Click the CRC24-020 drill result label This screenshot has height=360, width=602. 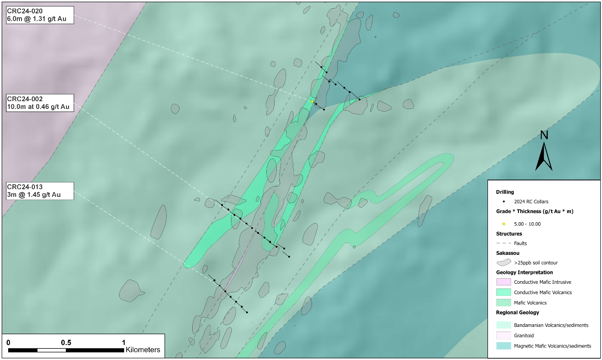[x=40, y=15]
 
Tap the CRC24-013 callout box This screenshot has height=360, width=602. [x=40, y=190]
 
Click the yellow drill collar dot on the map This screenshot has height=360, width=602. [x=312, y=101]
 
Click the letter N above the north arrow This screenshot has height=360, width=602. [x=544, y=135]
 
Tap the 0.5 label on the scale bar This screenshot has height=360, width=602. [x=66, y=342]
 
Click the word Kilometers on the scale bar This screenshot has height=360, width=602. [x=142, y=350]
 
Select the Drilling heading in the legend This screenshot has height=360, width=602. [x=505, y=192]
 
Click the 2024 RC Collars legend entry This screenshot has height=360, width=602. [x=531, y=201]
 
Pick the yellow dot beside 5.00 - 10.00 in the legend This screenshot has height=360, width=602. [x=503, y=224]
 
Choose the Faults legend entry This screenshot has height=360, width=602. [x=521, y=243]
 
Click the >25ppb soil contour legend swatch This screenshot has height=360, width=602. [x=504, y=262]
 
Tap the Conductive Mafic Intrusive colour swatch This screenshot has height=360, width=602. [x=504, y=282]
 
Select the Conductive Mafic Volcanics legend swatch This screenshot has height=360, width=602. [x=504, y=292]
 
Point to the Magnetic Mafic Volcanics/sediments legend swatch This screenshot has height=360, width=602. [x=504, y=346]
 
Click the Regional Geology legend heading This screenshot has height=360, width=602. [x=517, y=313]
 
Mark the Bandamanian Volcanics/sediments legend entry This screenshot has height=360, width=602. [x=551, y=325]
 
